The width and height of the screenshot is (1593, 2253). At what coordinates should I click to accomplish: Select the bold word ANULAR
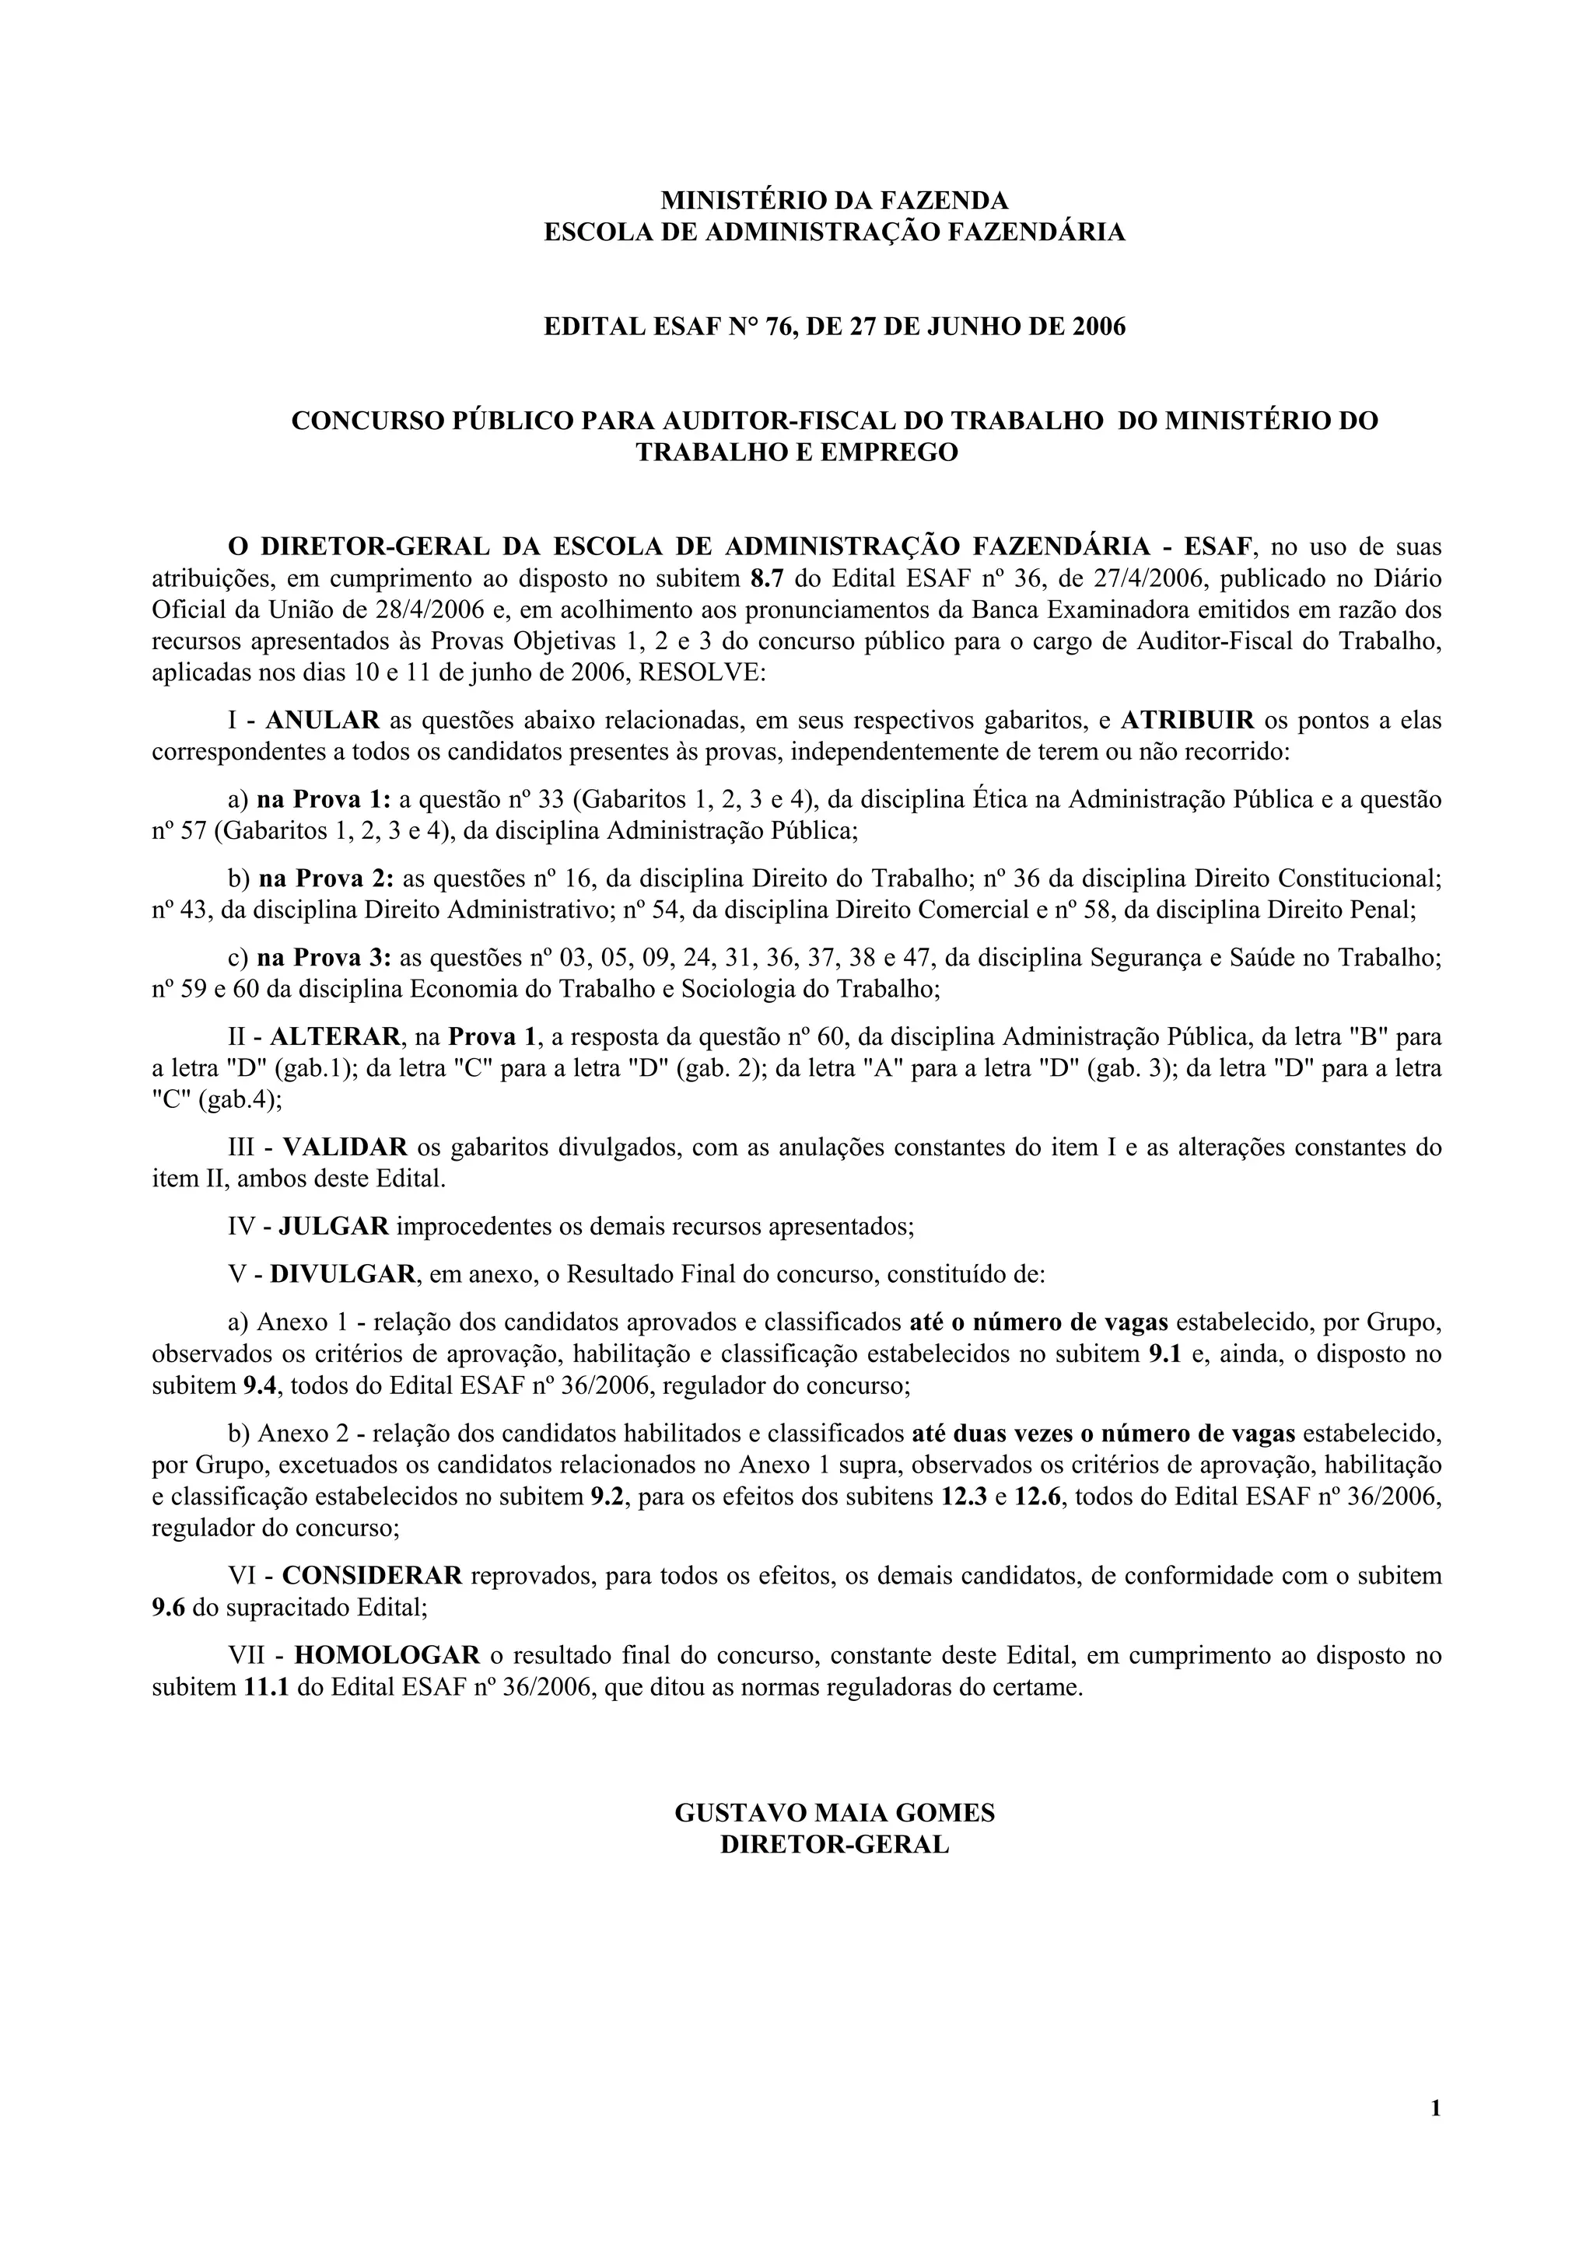pos(322,720)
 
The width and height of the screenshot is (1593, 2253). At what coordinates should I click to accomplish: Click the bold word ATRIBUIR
pos(1187,720)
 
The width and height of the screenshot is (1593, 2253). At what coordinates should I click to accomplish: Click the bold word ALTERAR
pos(334,1036)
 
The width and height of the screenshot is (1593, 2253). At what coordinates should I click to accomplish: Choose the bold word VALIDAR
pos(345,1146)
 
